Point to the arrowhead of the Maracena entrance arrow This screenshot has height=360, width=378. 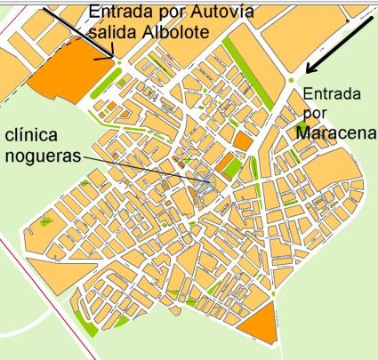tap(308, 71)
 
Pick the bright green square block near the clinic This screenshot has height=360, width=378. tap(229, 165)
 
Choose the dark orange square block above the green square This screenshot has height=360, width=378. tap(241, 141)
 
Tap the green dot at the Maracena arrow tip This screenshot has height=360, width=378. tap(293, 82)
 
